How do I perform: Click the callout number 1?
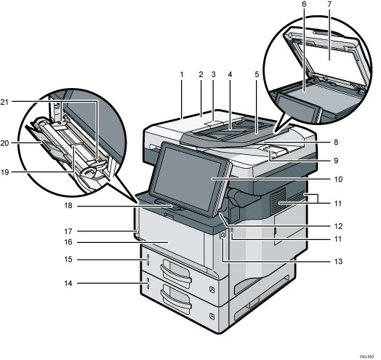[182, 75]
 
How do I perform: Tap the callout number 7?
[329, 4]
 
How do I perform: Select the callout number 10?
[338, 180]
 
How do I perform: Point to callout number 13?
[338, 262]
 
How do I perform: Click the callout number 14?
[68, 283]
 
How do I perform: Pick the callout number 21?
[4, 103]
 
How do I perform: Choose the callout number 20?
[4, 143]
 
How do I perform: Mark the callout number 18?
[68, 206]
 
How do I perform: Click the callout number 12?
[338, 226]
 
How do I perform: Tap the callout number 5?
[257, 75]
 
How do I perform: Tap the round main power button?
[222, 235]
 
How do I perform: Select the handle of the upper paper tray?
[176, 270]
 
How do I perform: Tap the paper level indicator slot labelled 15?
[148, 260]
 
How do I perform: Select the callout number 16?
[68, 242]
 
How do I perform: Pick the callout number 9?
[336, 161]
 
